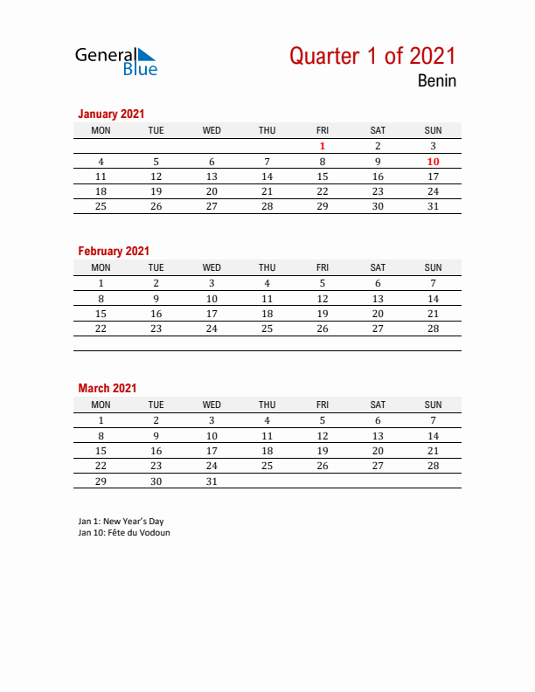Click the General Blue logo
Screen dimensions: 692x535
point(115,60)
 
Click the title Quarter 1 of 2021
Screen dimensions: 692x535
point(372,56)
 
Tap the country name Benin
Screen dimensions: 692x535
point(436,82)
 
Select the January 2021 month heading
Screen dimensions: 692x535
point(111,114)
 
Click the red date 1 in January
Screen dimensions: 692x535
point(323,146)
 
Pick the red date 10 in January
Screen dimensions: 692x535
point(433,162)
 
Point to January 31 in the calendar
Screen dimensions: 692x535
point(433,206)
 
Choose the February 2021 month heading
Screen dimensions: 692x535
point(114,251)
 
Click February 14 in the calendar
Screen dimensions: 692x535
point(433,298)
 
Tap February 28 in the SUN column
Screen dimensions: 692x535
point(433,329)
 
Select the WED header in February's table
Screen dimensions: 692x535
point(212,267)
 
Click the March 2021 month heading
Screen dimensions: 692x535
point(108,388)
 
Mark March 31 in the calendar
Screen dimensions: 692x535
point(212,481)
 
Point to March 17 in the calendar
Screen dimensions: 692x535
point(212,451)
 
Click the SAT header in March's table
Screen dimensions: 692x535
point(378,405)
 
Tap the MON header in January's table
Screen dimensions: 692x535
point(101,130)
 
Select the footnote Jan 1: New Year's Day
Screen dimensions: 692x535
point(121,522)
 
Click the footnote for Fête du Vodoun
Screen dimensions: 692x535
point(124,532)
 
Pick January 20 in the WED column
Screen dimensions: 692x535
point(212,191)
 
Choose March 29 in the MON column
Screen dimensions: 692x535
point(101,481)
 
